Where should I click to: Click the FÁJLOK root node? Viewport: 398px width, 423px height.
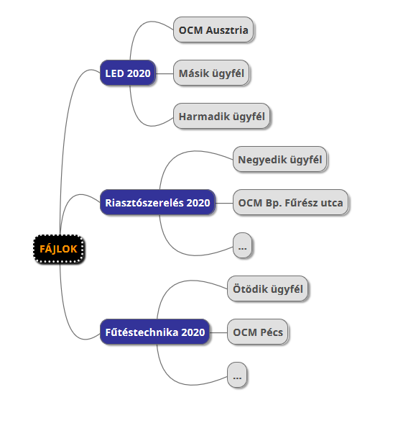coord(59,249)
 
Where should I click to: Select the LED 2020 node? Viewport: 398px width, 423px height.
coord(128,73)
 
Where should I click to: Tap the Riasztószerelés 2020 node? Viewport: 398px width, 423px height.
coord(157,202)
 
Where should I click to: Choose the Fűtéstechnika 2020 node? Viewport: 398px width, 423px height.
coord(155,332)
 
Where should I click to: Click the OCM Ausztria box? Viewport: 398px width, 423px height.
coord(213,29)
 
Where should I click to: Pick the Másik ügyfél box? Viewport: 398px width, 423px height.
coord(211,73)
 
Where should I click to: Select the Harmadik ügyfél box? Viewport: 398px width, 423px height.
coord(221,116)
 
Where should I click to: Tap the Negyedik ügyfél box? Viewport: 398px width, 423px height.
coord(280,159)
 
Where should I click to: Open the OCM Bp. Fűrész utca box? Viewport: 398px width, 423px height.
coord(291,202)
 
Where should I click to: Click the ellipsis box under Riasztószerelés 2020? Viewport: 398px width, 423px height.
coord(243,245)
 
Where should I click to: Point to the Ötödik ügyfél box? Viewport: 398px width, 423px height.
coord(267,288)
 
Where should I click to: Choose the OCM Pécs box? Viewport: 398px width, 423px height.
coord(258,332)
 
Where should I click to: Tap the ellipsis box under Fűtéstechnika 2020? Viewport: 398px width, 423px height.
coord(237,375)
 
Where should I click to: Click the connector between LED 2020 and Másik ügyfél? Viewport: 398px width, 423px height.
coord(165,73)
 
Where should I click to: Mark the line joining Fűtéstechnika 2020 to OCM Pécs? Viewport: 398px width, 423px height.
coord(218,332)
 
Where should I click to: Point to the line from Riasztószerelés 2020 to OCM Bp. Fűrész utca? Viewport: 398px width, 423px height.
coord(224,203)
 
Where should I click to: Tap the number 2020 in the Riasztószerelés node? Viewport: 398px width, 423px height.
coord(198,203)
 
